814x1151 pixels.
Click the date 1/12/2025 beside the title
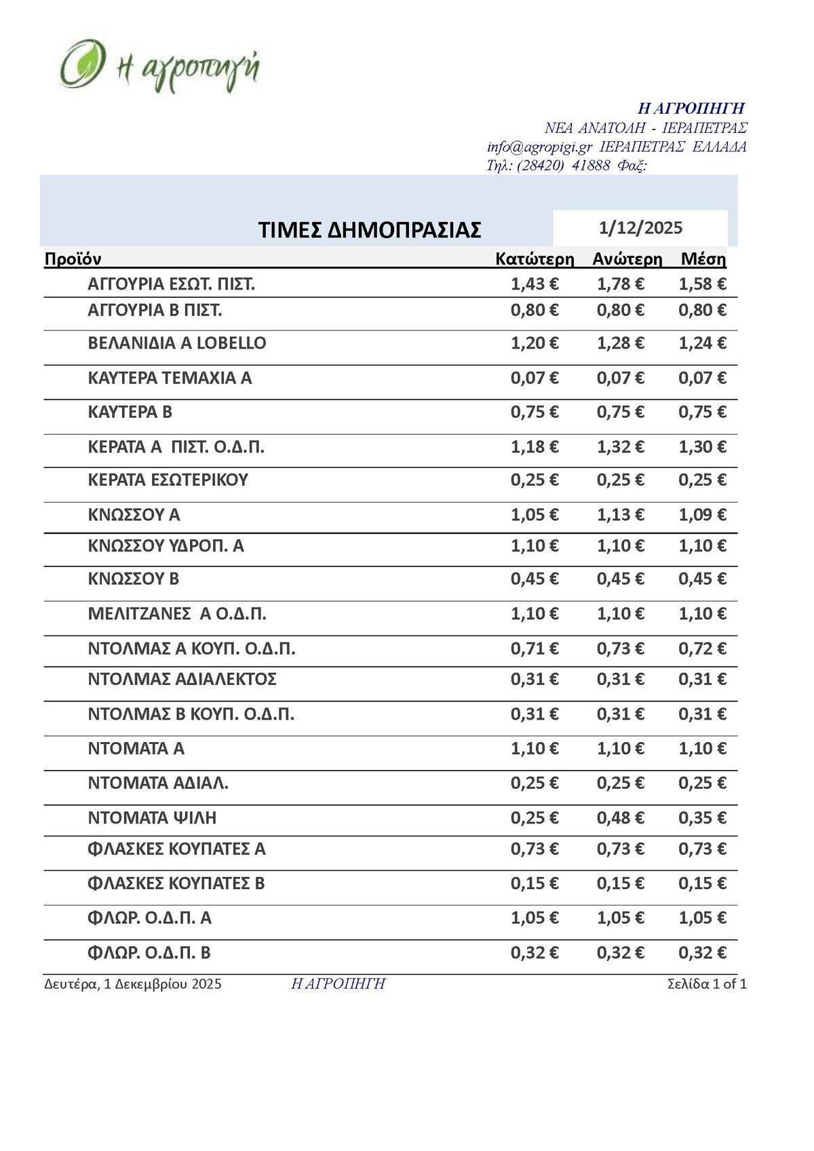click(x=640, y=228)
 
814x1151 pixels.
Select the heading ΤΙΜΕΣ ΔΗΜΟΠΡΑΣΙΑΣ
click(x=370, y=230)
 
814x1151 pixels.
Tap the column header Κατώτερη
click(x=535, y=259)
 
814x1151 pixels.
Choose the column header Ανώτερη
click(x=627, y=259)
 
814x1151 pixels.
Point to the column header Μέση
click(x=703, y=259)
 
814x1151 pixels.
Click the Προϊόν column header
click(x=73, y=259)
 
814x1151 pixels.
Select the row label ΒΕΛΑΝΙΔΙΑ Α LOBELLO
click(x=177, y=343)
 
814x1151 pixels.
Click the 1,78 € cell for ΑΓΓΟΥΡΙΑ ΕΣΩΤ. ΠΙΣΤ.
click(x=620, y=284)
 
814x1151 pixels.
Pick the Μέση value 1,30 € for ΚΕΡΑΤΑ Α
click(x=702, y=447)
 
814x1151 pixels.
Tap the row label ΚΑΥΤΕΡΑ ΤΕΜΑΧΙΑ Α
click(x=170, y=378)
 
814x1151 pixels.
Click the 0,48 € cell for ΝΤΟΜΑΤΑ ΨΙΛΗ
click(x=620, y=818)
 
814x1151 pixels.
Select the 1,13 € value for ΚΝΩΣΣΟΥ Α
click(x=620, y=515)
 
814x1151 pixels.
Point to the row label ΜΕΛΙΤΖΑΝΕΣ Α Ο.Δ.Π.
click(x=177, y=614)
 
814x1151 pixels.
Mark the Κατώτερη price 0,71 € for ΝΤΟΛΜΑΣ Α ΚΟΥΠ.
click(x=535, y=649)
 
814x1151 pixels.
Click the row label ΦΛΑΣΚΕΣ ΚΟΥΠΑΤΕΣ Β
click(x=176, y=884)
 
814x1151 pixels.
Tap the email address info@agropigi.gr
click(x=539, y=147)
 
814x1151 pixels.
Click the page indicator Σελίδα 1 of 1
click(x=707, y=984)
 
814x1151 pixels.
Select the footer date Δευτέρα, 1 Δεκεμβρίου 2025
click(x=133, y=984)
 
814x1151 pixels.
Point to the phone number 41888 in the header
click(x=591, y=165)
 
